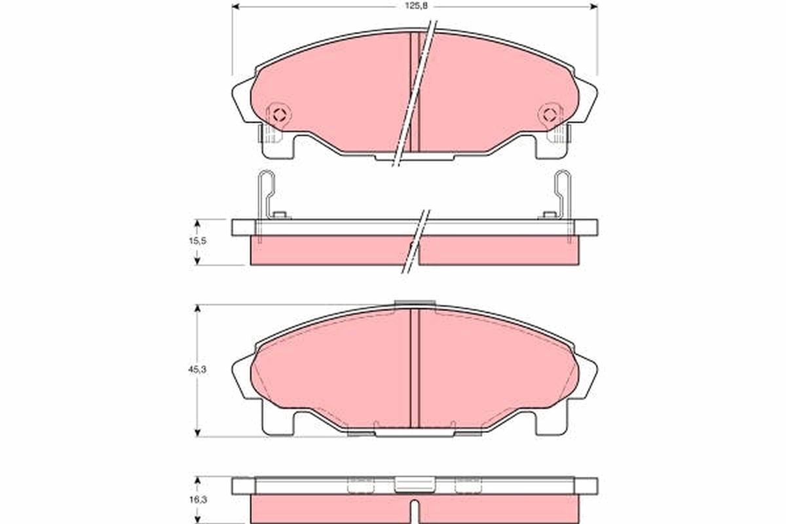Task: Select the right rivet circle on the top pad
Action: coord(550,115)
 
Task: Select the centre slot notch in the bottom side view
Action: coord(415,508)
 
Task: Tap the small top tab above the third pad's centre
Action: coord(415,303)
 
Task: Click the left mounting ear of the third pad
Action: coord(242,377)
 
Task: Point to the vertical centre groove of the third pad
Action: coord(415,367)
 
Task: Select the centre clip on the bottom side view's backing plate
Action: coord(415,485)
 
